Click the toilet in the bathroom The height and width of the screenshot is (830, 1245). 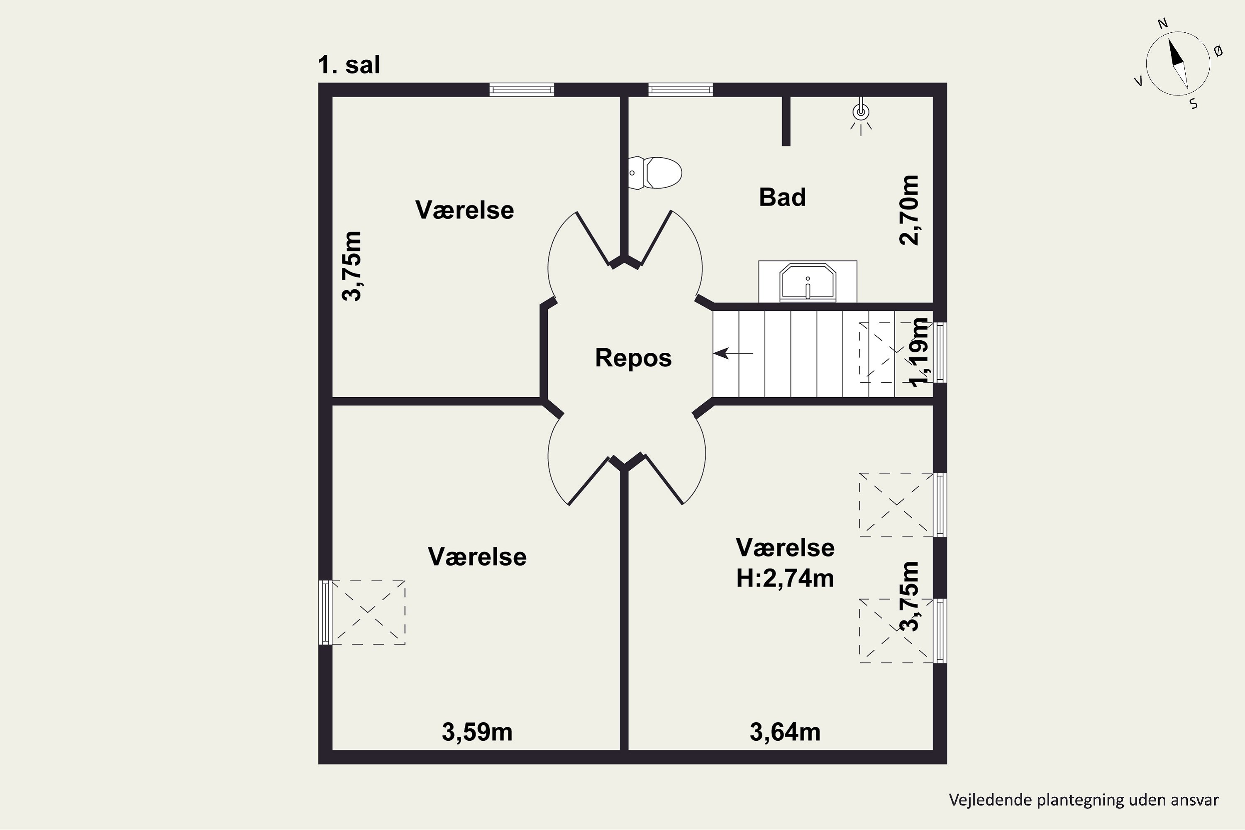655,173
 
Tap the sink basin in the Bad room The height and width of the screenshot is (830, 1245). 807,283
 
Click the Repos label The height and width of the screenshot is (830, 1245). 633,358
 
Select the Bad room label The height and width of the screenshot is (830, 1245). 782,198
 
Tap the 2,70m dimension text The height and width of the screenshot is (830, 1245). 909,210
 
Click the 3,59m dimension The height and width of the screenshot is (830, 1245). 477,732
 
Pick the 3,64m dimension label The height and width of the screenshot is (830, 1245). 785,732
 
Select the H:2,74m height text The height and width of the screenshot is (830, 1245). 785,579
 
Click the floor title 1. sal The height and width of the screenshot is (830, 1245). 349,65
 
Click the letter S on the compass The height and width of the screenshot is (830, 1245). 1194,104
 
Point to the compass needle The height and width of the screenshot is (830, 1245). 1178,68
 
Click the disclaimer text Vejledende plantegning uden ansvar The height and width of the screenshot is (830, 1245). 1084,800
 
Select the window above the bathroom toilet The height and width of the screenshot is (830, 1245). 681,90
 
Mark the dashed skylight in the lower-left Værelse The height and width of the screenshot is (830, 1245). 368,613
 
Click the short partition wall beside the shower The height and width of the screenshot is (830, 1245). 786,121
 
